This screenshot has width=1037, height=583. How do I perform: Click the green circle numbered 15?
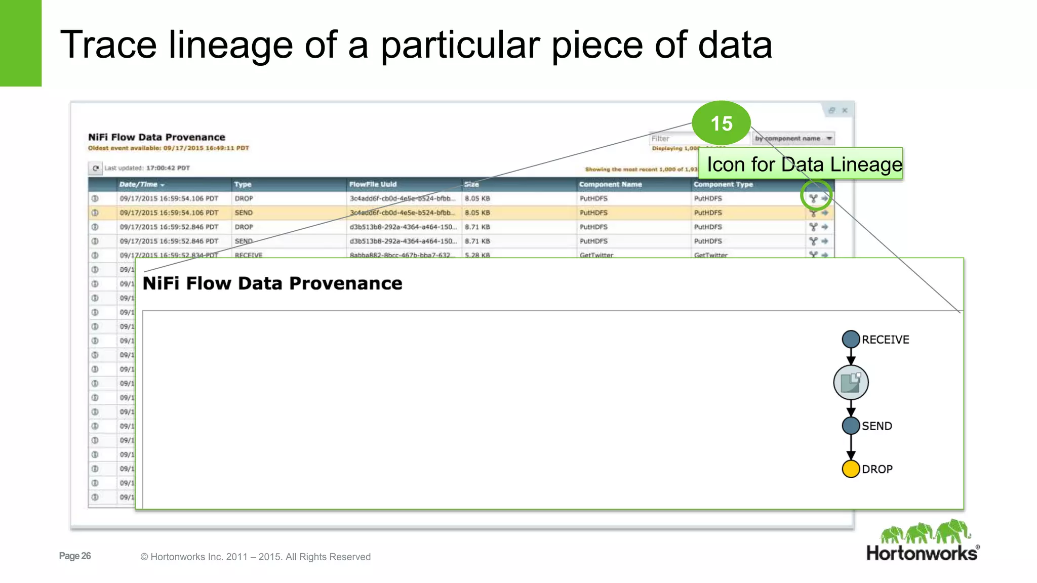tap(721, 123)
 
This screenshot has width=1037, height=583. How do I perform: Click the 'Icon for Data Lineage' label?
tap(804, 164)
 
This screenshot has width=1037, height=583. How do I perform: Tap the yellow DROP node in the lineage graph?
tap(851, 469)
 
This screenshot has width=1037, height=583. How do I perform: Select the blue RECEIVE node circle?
tap(851, 339)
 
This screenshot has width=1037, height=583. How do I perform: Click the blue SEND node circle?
tap(851, 426)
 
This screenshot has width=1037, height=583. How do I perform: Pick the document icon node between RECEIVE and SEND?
tap(851, 383)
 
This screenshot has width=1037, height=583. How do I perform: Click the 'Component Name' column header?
tap(610, 184)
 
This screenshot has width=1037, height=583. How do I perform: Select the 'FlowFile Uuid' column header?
tap(373, 184)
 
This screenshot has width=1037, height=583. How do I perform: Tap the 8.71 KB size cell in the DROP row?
tap(477, 227)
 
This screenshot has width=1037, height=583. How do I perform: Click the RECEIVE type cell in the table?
tap(248, 255)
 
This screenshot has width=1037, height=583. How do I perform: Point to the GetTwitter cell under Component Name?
tap(596, 255)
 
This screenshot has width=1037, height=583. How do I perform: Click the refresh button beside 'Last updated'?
tap(95, 168)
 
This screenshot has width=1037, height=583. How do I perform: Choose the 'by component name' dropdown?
tap(793, 138)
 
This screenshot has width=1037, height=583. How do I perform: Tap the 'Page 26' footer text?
tap(75, 556)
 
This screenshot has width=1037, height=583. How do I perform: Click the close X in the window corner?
tap(845, 110)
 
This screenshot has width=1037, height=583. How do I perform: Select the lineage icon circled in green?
tap(813, 198)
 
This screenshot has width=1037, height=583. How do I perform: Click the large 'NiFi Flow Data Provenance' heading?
tap(272, 283)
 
